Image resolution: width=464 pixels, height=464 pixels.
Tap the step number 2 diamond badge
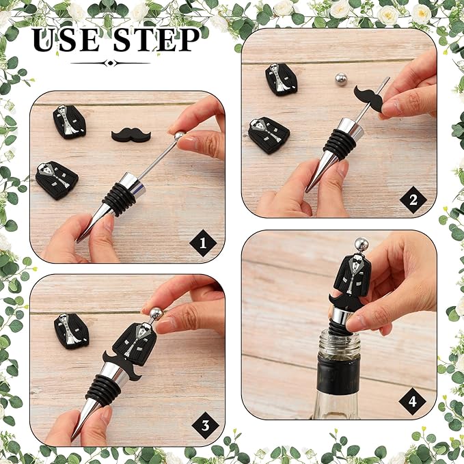click(x=413, y=200)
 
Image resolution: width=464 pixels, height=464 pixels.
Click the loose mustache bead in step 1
click(x=131, y=134)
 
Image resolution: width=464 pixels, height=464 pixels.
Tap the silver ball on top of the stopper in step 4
click(x=361, y=245)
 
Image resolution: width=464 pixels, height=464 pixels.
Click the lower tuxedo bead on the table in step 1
click(x=56, y=180)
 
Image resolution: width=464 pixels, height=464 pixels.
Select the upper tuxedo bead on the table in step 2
click(x=281, y=79)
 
